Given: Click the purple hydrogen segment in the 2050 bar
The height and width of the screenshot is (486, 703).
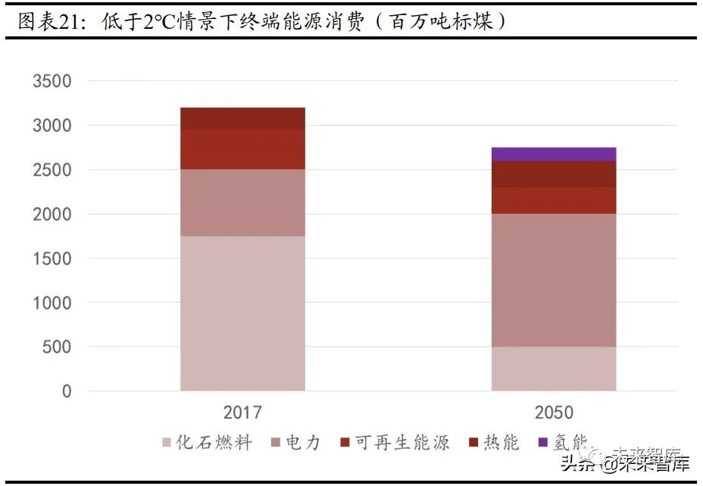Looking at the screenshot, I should click(554, 154).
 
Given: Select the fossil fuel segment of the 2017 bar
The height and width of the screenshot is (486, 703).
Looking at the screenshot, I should click(242, 313).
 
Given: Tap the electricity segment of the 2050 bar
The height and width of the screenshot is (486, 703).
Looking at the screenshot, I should click(554, 280).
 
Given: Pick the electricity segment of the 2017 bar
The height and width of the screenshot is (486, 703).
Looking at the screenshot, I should click(242, 202).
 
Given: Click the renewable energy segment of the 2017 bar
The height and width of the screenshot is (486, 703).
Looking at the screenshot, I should click(242, 149).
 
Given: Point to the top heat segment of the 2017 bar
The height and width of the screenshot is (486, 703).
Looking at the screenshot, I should click(242, 118).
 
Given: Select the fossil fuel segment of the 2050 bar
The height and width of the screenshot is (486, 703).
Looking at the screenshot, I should click(554, 368).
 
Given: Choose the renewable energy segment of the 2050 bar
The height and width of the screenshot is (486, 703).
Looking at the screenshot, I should click(554, 200).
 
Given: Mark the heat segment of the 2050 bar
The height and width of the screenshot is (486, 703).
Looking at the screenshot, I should click(554, 174).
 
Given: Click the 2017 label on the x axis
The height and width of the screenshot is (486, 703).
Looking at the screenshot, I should click(242, 413).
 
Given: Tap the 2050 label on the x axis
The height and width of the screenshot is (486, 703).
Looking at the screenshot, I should click(554, 413).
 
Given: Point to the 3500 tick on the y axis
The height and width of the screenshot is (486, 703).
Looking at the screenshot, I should click(52, 81).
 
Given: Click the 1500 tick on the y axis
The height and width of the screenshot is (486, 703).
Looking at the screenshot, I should click(52, 259).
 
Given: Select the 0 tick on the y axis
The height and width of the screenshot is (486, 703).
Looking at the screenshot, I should click(67, 391).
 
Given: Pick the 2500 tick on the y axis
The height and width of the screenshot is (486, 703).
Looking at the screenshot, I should click(52, 170).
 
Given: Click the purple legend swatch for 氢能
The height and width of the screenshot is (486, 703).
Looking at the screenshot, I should click(542, 443).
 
